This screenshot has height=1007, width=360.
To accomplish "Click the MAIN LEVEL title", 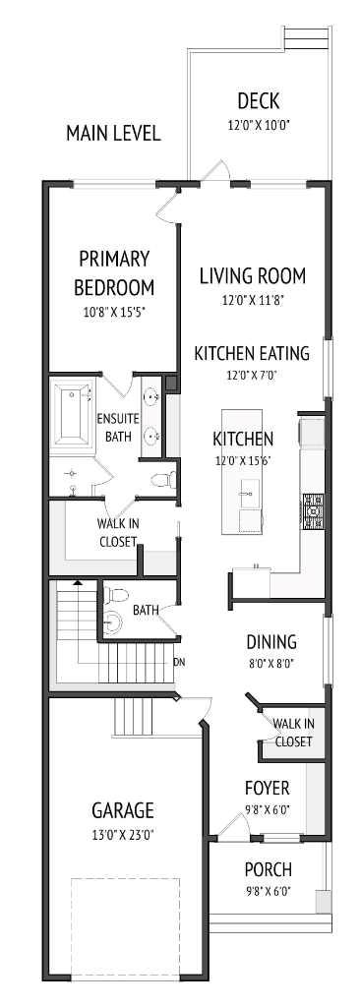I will [x=113, y=133].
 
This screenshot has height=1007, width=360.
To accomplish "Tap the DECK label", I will [x=259, y=101].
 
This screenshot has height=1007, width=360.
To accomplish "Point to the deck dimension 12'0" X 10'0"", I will [x=259, y=125].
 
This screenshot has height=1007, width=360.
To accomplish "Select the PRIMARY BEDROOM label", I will [x=116, y=273].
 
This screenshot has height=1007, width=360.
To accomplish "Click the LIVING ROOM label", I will [x=252, y=275].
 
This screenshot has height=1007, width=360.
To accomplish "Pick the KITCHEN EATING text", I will [x=252, y=353].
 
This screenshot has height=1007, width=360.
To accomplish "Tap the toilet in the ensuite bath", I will [x=164, y=479].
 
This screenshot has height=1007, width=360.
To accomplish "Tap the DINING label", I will [x=271, y=642].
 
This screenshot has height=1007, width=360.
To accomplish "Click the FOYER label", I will [x=267, y=788].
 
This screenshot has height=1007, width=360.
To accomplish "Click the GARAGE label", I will [x=123, y=810].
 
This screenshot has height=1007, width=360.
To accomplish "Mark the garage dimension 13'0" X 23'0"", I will [x=123, y=834].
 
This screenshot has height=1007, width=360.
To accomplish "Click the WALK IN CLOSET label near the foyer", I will [x=293, y=733].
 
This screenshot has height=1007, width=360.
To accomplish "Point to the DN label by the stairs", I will [x=179, y=662].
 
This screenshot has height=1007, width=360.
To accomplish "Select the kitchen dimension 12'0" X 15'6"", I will [x=243, y=460].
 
